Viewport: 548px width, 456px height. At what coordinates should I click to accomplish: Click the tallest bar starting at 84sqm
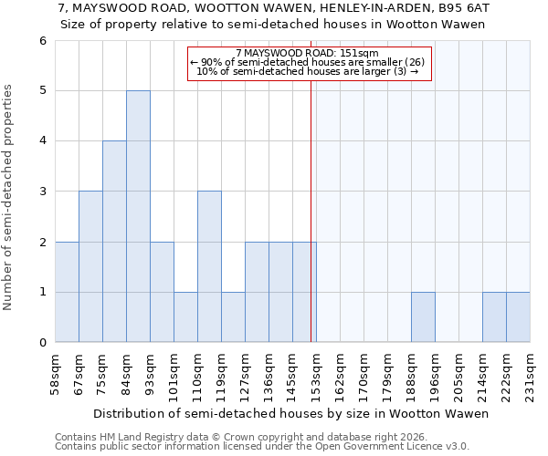pyautogui.click(x=138, y=216)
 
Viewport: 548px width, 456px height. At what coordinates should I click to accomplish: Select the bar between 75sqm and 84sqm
pyautogui.click(x=114, y=242)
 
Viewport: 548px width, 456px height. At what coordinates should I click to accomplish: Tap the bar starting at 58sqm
pyautogui.click(x=67, y=292)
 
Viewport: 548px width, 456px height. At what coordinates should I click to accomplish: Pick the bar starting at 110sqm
pyautogui.click(x=209, y=266)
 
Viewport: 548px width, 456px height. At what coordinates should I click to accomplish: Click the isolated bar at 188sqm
pyautogui.click(x=423, y=317)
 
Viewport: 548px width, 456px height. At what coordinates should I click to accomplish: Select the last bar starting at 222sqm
pyautogui.click(x=518, y=317)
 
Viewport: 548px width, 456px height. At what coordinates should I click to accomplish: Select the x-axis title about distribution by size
pyautogui.click(x=291, y=413)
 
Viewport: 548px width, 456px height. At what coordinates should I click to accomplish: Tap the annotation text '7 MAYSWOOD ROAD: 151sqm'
pyautogui.click(x=307, y=53)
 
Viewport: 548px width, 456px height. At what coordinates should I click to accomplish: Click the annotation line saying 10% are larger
pyautogui.click(x=307, y=71)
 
